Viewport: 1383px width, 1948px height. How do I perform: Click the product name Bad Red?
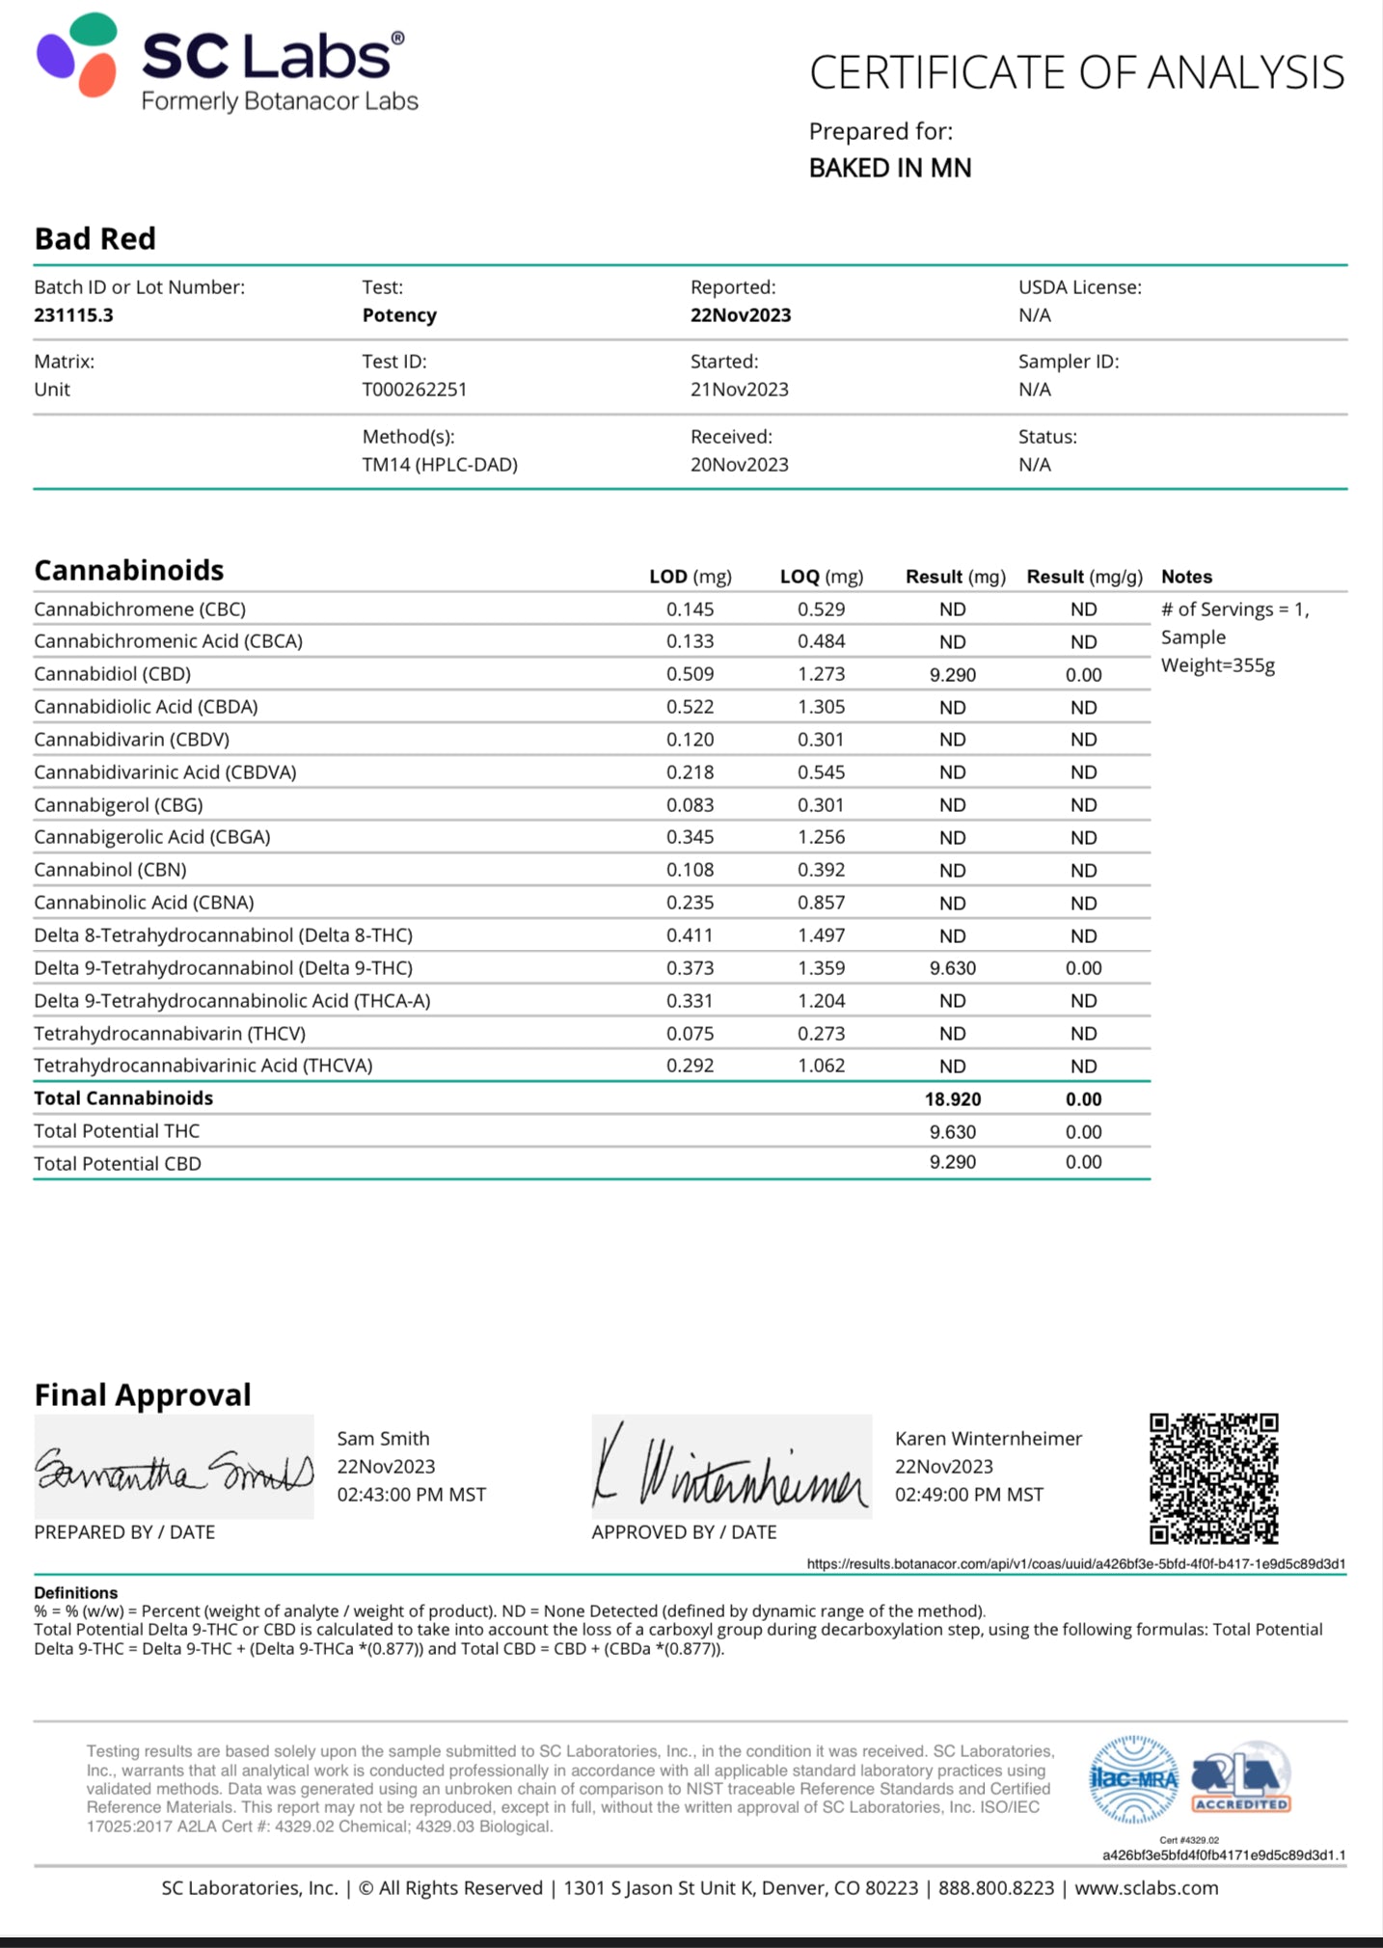[95, 238]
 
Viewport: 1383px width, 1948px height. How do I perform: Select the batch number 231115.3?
[73, 315]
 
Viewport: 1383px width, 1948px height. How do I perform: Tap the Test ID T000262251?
[414, 390]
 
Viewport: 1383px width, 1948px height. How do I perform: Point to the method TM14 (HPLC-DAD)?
[440, 465]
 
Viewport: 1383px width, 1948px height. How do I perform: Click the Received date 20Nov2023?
[739, 465]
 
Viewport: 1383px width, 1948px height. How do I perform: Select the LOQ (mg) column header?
[821, 577]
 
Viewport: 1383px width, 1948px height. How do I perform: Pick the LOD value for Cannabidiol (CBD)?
[690, 674]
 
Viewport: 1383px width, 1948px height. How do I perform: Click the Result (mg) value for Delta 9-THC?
[952, 968]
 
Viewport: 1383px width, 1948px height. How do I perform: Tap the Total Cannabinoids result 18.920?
[952, 1099]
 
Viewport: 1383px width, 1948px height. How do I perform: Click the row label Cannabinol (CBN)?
[110, 870]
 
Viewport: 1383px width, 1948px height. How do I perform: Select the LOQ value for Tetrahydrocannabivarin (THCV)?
[821, 1034]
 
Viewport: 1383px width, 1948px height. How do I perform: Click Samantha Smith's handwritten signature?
[174, 1469]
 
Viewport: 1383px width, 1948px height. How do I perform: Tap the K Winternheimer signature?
[731, 1469]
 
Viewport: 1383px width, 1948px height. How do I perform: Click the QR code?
[1213, 1477]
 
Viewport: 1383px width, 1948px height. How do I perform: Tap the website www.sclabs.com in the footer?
[1146, 1888]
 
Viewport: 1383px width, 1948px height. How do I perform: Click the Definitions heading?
[75, 1592]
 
